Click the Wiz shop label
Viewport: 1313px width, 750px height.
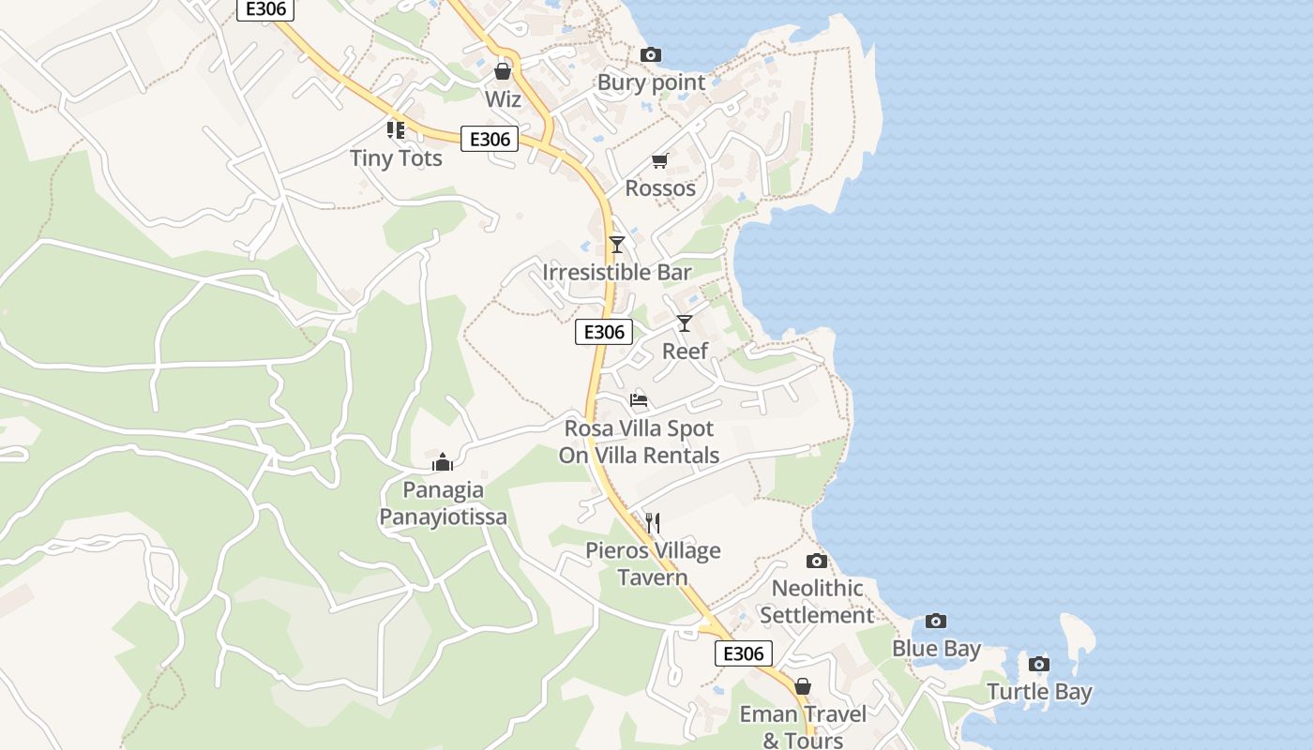(503, 98)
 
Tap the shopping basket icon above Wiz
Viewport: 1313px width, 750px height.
(503, 71)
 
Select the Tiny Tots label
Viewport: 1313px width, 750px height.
(396, 158)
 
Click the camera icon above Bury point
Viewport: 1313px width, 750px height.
(650, 55)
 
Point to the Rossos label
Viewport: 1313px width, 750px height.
(660, 188)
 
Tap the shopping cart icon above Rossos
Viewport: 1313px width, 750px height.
(659, 161)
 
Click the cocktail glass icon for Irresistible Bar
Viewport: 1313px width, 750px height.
(616, 245)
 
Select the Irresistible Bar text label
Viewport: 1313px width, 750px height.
(617, 273)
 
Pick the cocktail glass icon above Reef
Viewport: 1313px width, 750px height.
(685, 323)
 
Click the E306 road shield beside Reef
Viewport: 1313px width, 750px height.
(604, 332)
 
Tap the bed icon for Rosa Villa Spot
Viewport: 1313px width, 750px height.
(639, 400)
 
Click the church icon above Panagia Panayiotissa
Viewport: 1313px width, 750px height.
(443, 462)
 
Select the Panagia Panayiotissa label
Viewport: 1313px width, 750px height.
(443, 503)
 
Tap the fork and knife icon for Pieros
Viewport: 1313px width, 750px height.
(653, 522)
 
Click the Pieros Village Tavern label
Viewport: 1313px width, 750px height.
(653, 563)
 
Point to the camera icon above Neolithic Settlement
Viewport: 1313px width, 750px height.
(817, 561)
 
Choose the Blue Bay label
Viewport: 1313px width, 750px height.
(936, 649)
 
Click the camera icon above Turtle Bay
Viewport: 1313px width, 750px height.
(1038, 665)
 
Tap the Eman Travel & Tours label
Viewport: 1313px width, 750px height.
(803, 727)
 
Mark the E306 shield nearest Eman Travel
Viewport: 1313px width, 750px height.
(744, 653)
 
